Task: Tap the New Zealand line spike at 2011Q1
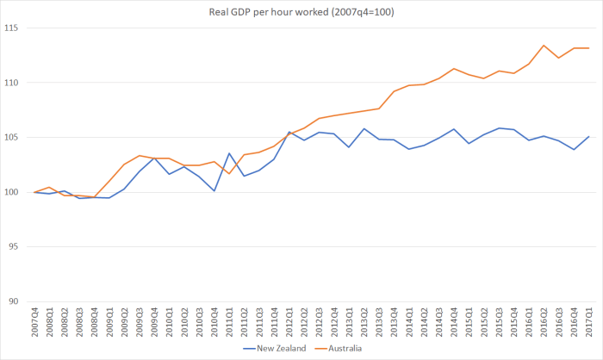click(230, 153)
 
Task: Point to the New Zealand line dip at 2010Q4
click(214, 190)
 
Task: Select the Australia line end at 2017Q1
click(589, 48)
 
